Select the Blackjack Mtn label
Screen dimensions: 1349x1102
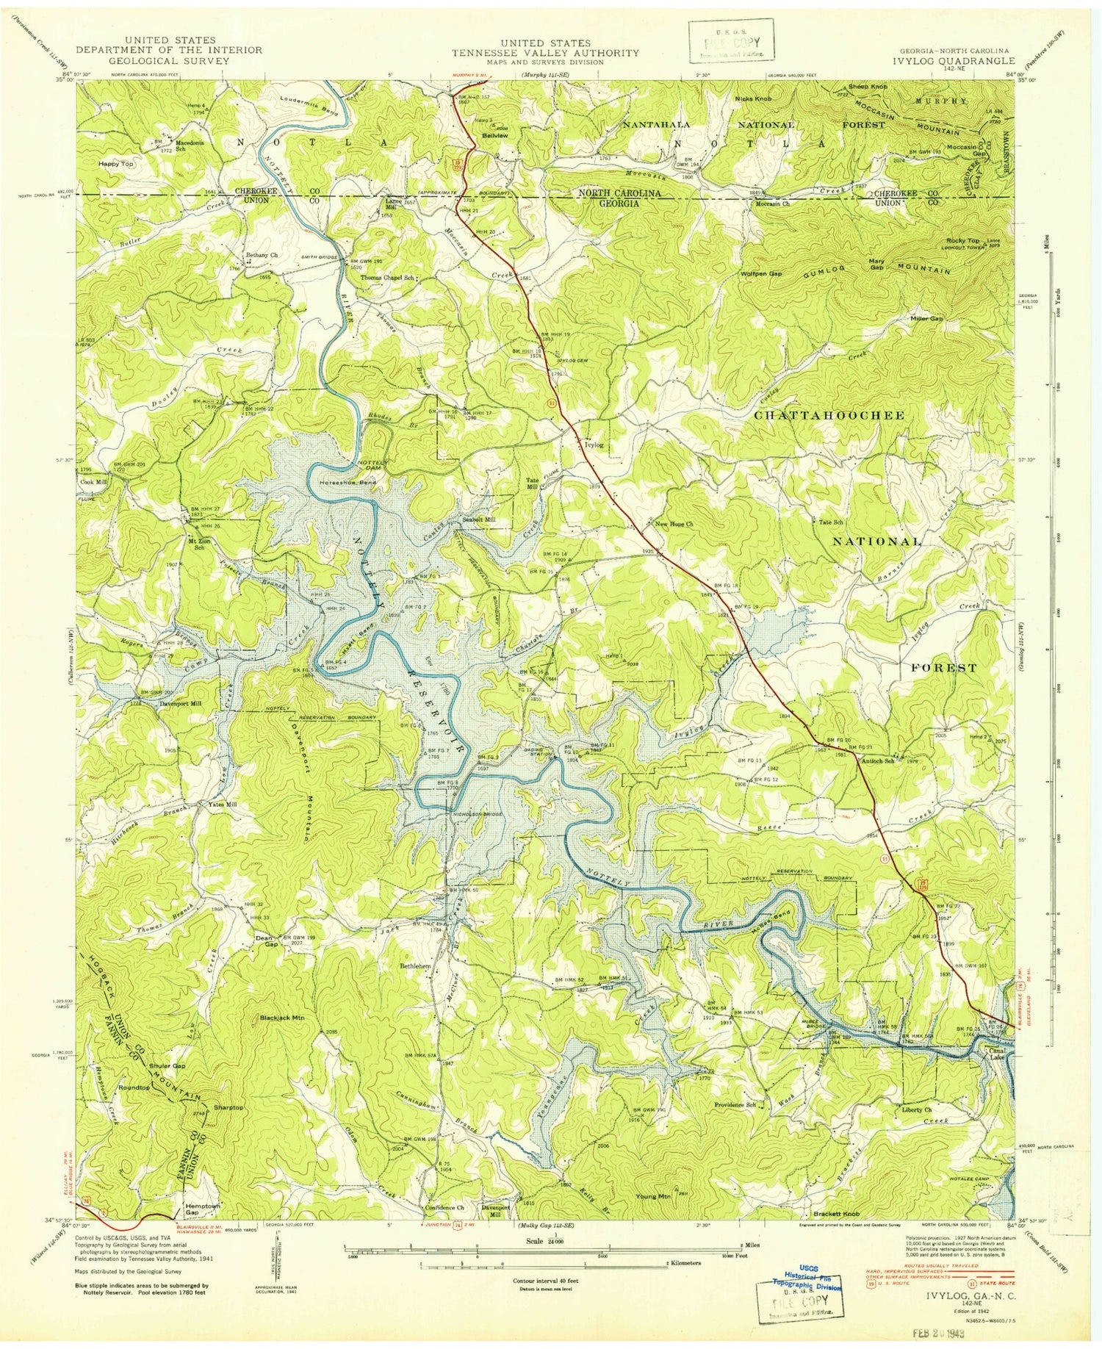tap(282, 1018)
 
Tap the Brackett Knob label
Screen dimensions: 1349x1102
tap(836, 1214)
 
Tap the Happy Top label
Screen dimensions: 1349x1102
tap(116, 165)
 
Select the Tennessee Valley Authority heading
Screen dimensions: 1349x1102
tap(545, 53)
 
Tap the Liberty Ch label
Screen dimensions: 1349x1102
tap(917, 1109)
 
